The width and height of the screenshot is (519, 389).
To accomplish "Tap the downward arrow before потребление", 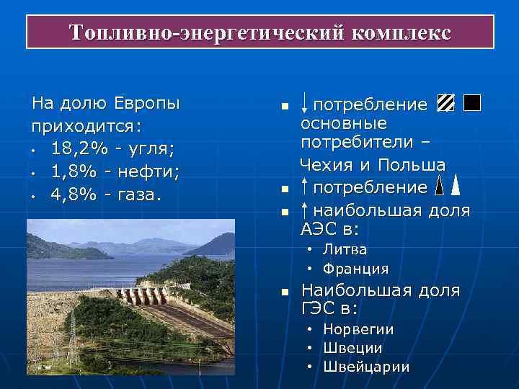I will (x=306, y=105).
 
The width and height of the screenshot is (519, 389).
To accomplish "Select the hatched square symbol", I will (x=445, y=104).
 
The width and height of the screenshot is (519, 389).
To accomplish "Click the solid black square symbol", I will (x=472, y=104).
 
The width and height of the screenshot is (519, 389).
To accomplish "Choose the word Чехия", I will (x=326, y=166).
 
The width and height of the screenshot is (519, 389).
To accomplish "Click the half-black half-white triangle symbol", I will (x=442, y=187).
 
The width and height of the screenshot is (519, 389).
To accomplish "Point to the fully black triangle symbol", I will (x=456, y=187).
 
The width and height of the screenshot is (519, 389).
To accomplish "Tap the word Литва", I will (x=345, y=250).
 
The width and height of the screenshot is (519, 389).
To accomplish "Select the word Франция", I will (x=356, y=269).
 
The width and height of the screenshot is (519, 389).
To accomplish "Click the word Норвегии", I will (x=358, y=329).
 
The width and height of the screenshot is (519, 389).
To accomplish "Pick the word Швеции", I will (x=353, y=348).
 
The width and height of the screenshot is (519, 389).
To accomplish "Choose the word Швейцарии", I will (x=366, y=367).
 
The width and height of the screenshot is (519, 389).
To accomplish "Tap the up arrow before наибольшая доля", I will (x=306, y=210).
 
